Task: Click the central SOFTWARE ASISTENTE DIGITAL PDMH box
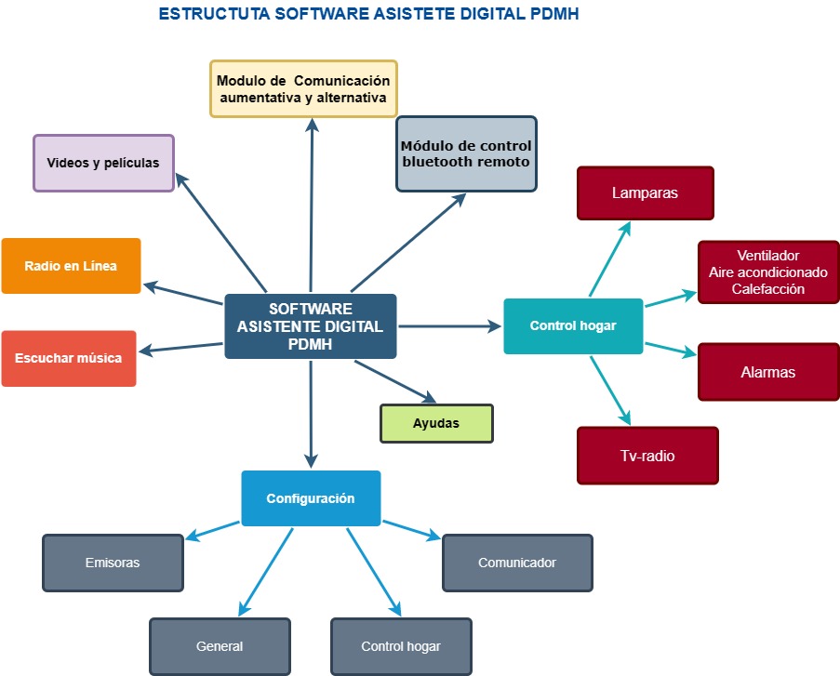(x=310, y=326)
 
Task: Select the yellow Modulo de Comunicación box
(x=303, y=88)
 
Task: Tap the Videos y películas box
(x=103, y=163)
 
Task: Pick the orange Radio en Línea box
(x=71, y=266)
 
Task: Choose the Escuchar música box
(x=68, y=358)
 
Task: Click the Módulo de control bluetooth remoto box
(x=466, y=153)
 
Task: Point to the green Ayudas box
(x=436, y=423)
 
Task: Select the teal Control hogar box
(x=573, y=326)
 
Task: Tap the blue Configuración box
(x=311, y=498)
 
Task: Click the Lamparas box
(x=645, y=193)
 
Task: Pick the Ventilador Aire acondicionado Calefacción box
(x=767, y=272)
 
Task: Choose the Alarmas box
(x=767, y=372)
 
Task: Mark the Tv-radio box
(x=647, y=456)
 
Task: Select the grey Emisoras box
(x=113, y=563)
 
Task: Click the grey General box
(x=220, y=646)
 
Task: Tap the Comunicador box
(x=517, y=563)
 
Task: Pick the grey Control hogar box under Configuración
(x=401, y=646)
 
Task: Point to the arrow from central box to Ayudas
(x=394, y=380)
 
